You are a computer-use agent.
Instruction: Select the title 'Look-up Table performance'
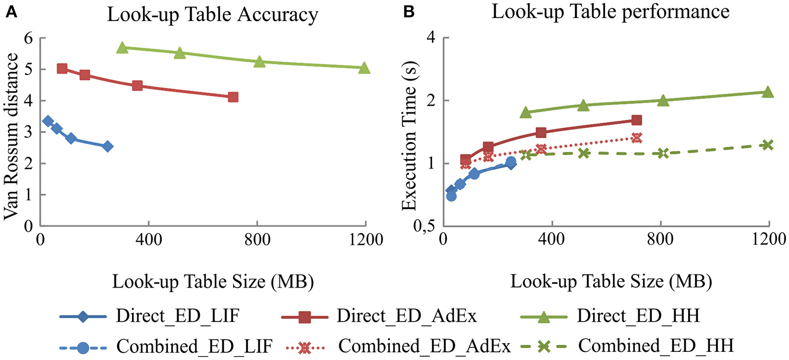click(610, 12)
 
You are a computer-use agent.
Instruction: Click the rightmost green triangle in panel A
click(364, 67)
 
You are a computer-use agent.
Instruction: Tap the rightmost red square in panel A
click(233, 97)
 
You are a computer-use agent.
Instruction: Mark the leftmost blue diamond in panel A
click(48, 121)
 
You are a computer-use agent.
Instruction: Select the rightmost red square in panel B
click(636, 120)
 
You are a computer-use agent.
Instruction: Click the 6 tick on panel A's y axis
click(29, 38)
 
